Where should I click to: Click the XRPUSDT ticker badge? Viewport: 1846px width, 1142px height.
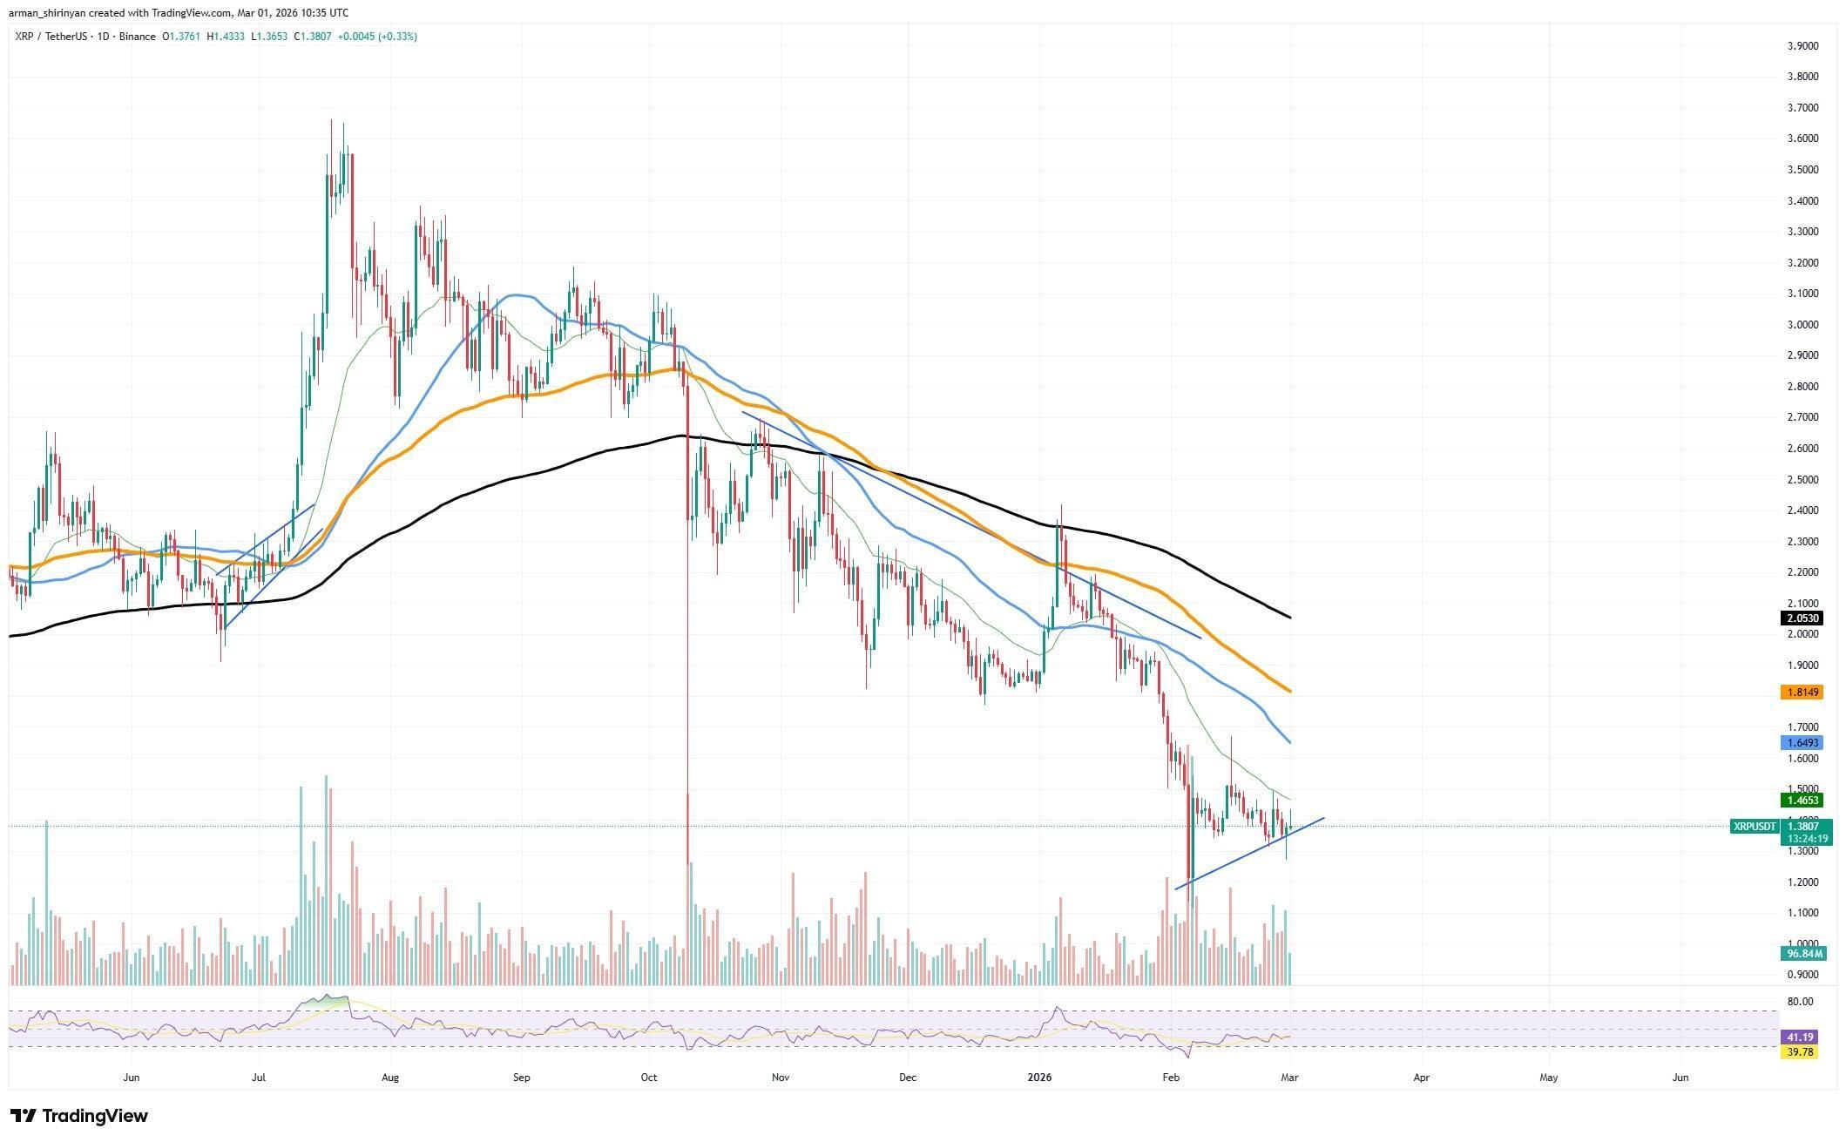click(1754, 826)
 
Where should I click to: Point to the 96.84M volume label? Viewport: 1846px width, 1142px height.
click(1800, 954)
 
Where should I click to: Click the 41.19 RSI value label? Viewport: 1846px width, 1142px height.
click(1800, 1037)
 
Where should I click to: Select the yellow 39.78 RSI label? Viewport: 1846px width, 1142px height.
click(1800, 1052)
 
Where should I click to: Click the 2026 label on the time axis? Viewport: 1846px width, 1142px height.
click(1039, 1078)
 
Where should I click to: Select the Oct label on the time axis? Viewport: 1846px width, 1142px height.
click(648, 1078)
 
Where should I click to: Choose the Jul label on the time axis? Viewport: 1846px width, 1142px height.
click(259, 1078)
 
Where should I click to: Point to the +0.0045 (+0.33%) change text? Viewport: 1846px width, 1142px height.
click(377, 37)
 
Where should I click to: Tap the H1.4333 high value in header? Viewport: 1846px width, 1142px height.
click(226, 37)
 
